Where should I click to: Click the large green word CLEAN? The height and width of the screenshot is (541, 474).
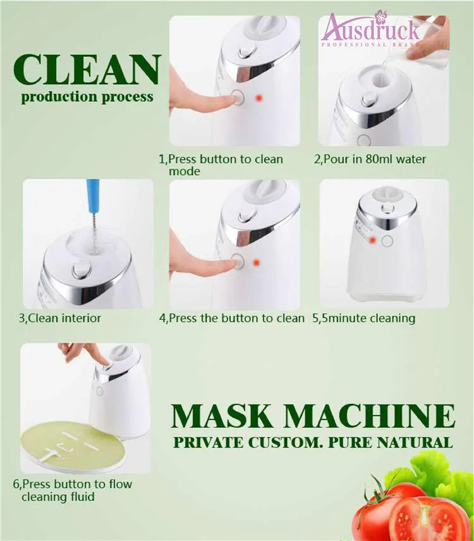(87, 71)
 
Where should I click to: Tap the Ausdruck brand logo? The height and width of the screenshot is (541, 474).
(371, 29)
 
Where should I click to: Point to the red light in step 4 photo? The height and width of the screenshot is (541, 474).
(256, 263)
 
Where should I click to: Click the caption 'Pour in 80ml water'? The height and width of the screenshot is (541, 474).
(374, 159)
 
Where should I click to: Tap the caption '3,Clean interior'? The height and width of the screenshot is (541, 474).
(59, 318)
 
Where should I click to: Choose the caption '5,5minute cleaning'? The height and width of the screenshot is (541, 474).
(363, 318)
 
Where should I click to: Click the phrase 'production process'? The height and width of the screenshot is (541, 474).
(87, 97)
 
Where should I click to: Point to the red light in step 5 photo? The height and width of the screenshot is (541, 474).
(373, 240)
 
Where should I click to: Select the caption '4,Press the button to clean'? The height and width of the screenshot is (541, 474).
(232, 318)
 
